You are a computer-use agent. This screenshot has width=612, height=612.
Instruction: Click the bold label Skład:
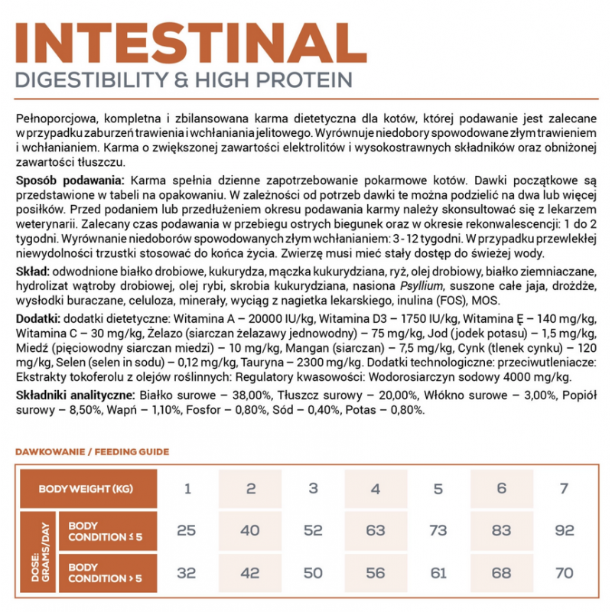click(33, 272)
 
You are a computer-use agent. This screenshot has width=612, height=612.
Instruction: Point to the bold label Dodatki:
click(38, 318)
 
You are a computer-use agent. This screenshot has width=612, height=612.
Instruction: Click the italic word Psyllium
click(393, 286)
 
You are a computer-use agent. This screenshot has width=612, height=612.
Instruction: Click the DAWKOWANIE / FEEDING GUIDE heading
click(92, 452)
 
